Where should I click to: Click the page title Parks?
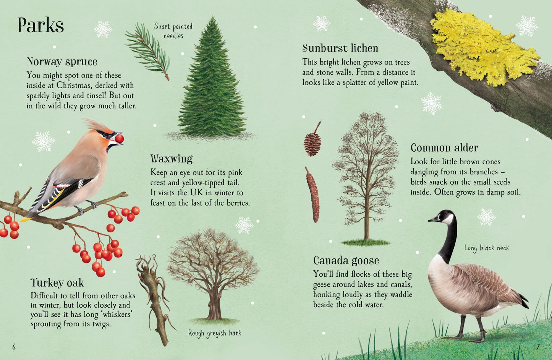[40, 26]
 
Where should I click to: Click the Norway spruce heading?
[62, 62]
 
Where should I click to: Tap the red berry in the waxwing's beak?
[119, 138]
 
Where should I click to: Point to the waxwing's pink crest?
[95, 125]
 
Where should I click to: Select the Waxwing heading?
[171, 159]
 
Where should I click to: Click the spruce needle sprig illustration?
[148, 50]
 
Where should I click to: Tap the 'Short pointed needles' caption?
[173, 31]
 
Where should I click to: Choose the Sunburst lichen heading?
[340, 48]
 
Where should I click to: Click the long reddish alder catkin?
[312, 195]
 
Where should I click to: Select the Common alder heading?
[444, 148]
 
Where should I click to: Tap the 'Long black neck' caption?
[487, 248]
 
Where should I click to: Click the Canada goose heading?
[346, 261]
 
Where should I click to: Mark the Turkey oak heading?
[57, 283]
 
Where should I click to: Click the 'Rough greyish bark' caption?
[215, 333]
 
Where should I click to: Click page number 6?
[14, 347]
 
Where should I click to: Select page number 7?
[537, 347]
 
